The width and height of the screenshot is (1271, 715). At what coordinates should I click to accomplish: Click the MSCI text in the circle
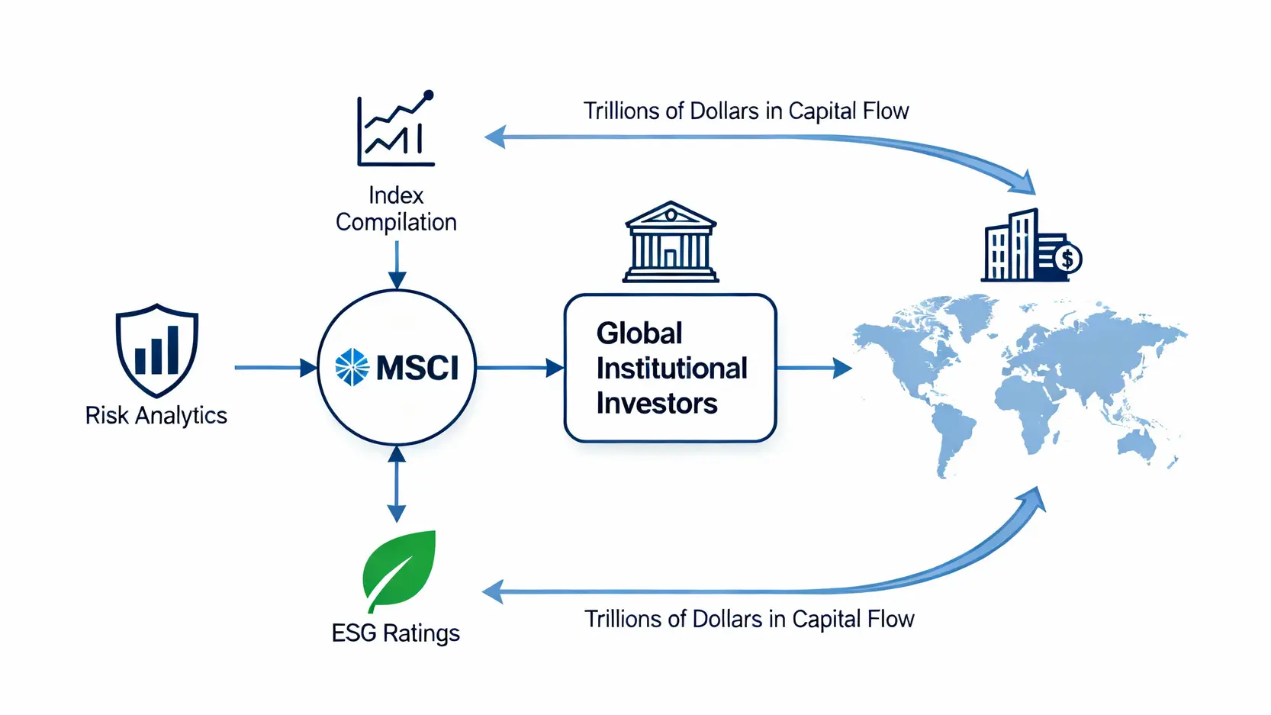(417, 368)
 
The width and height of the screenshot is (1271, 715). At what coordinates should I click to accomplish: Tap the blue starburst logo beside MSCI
(352, 367)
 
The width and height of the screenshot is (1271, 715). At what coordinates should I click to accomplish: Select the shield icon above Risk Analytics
(157, 350)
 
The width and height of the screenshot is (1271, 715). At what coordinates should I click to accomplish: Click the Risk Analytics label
(156, 415)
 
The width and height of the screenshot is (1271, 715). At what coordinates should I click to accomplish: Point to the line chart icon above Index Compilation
(396, 129)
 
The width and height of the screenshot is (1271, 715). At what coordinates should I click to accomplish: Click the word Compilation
(396, 222)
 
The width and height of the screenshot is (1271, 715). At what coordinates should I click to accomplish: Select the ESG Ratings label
(395, 633)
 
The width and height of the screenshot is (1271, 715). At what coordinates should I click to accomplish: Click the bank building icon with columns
(671, 242)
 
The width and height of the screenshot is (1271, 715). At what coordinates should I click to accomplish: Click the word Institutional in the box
(671, 369)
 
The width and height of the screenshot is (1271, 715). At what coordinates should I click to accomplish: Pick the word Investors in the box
(657, 403)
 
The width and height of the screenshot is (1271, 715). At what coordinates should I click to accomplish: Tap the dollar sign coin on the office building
(1067, 259)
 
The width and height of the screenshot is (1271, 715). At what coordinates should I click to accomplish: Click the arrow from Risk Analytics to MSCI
(275, 368)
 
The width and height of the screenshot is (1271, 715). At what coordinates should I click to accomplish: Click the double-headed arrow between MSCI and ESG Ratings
(397, 484)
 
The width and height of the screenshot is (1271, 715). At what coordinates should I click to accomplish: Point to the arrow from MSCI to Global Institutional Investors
(520, 368)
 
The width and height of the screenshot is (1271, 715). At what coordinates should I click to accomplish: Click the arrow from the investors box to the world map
(813, 369)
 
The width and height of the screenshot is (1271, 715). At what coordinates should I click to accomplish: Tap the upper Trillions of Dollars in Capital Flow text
(746, 111)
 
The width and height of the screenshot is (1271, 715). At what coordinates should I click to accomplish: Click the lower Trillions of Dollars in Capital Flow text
(749, 619)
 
